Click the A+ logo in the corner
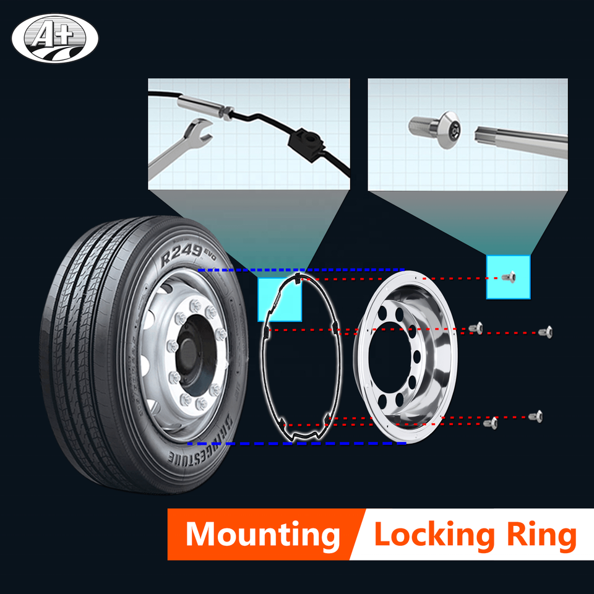point(54,38)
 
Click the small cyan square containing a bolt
point(509,277)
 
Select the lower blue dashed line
point(296,444)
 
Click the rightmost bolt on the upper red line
point(545,332)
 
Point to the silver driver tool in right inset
point(520,139)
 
